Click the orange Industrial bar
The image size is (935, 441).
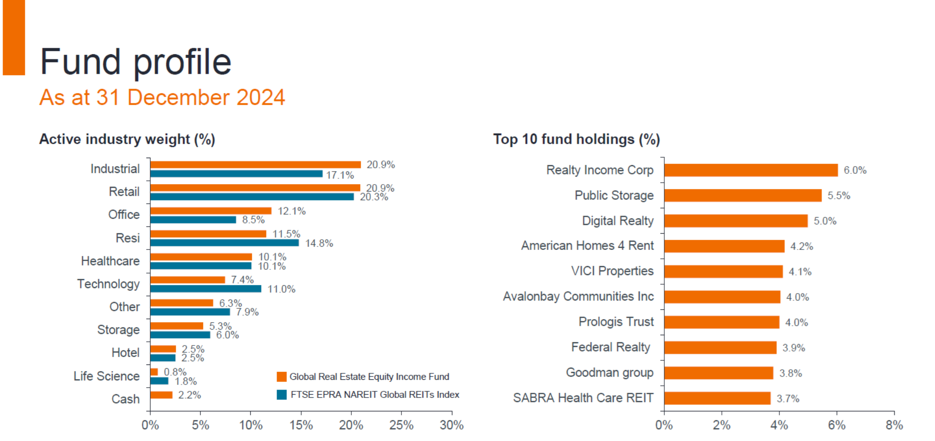tap(255, 165)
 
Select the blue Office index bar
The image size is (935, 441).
tap(193, 220)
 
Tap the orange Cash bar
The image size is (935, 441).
tap(161, 395)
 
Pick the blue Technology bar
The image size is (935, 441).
tap(206, 289)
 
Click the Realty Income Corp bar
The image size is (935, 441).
tap(751, 170)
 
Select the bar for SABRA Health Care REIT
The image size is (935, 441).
tap(718, 398)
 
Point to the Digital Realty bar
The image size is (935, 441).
tap(736, 221)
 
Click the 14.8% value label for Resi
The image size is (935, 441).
tap(319, 243)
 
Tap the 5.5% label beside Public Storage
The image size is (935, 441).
tap(839, 196)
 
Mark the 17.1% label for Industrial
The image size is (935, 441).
tap(340, 175)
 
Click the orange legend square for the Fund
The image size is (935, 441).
tap(281, 377)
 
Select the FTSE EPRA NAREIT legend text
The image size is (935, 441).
tap(375, 395)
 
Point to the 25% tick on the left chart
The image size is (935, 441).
tap(401, 425)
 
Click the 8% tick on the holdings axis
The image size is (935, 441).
tap(894, 425)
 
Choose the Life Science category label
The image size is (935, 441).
tap(107, 376)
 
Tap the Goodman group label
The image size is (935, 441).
tap(610, 373)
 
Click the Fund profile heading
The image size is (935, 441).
tap(135, 62)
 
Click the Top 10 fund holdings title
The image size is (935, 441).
tap(576, 139)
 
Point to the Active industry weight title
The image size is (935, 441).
tap(127, 139)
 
